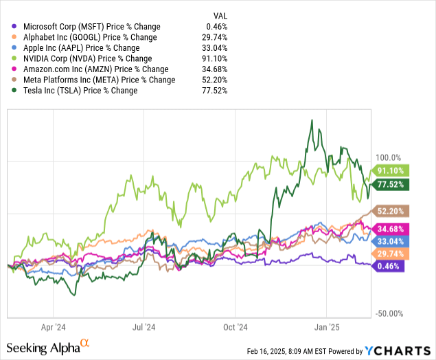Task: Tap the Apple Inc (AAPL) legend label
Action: [81, 48]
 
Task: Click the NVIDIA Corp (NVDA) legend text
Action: [86, 58]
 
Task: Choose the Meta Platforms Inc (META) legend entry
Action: [98, 80]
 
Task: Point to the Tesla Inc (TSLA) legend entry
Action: [79, 90]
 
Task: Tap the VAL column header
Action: [218, 14]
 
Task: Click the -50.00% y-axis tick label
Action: [389, 314]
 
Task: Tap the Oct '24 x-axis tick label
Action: [236, 328]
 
